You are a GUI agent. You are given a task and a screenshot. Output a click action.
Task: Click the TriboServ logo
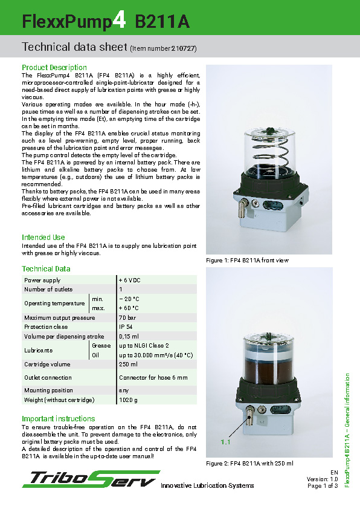(91, 479)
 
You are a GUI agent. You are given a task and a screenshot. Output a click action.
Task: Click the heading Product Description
(54, 67)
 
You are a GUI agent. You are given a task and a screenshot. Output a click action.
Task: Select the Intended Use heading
(43, 237)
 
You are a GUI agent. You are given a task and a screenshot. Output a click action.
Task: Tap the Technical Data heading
(46, 268)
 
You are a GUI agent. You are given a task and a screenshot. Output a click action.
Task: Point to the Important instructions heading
(59, 418)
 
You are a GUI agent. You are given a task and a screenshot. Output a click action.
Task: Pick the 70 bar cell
(127, 317)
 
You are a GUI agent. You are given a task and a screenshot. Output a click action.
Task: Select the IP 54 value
(126, 326)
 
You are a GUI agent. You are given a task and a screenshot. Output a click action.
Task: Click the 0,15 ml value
(129, 336)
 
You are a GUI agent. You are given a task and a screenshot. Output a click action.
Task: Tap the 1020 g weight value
(128, 400)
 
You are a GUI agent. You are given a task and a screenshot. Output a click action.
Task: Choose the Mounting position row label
(48, 391)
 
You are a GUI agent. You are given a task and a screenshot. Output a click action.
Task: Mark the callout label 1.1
(226, 443)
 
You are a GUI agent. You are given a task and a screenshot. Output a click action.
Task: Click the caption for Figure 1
(248, 260)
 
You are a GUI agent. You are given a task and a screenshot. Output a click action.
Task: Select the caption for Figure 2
(249, 463)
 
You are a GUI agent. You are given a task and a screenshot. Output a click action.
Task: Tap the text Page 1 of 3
(322, 485)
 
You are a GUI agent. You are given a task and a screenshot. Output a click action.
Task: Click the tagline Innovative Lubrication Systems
(207, 485)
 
